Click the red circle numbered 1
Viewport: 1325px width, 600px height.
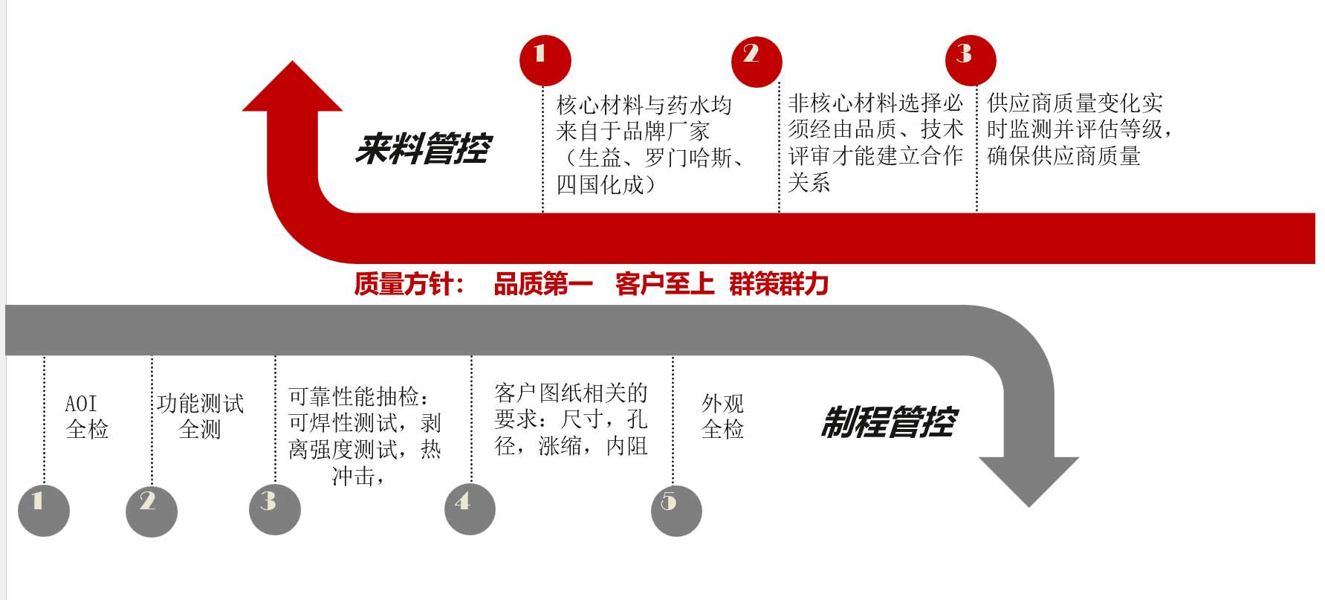(545, 60)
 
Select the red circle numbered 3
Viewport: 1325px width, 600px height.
(970, 60)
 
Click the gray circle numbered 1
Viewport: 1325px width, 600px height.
(44, 510)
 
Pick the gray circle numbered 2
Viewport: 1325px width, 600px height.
(152, 510)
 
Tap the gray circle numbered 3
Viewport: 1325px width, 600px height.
(275, 509)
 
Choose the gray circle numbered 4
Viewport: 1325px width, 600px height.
(470, 509)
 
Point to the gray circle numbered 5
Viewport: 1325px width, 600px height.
(676, 510)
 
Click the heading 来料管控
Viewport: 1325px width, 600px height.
(423, 149)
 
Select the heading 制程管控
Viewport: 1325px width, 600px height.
(889, 422)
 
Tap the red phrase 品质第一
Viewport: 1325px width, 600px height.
(543, 284)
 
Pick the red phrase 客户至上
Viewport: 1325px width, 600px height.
(665, 284)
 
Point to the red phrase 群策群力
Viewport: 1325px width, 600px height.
(779, 284)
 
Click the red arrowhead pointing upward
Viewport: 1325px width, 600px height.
(293, 85)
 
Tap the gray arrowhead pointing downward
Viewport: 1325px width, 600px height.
(1028, 482)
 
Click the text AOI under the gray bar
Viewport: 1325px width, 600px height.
(81, 404)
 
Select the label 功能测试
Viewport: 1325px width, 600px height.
(201, 404)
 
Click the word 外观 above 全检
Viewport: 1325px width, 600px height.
(723, 404)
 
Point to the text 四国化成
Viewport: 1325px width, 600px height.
(600, 184)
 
